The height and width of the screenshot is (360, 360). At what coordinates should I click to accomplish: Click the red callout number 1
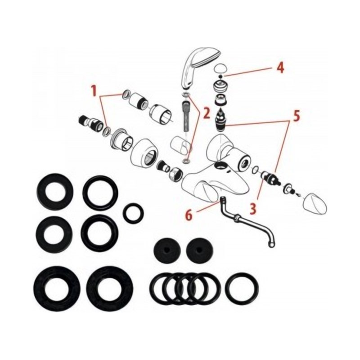coord(94,91)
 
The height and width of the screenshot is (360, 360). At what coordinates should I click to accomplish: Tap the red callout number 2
coord(207,113)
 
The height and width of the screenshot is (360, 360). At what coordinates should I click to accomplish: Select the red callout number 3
coord(253,209)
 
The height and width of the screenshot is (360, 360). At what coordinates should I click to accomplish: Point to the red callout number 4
coord(280,68)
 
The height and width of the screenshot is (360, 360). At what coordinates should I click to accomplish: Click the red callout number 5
coord(296,116)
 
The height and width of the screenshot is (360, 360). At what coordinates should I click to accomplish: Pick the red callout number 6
coord(189,215)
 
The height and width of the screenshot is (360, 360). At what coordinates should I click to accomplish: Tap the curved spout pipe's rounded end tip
coord(271,245)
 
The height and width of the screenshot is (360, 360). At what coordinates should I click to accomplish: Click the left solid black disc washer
coord(166,251)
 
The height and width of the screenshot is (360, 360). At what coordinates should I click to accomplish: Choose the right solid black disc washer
coord(199,251)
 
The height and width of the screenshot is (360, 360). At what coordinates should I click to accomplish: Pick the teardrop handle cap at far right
coord(315,204)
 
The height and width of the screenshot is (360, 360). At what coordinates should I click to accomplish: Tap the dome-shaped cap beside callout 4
coord(220,68)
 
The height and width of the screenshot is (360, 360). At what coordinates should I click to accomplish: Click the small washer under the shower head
coord(185,94)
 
